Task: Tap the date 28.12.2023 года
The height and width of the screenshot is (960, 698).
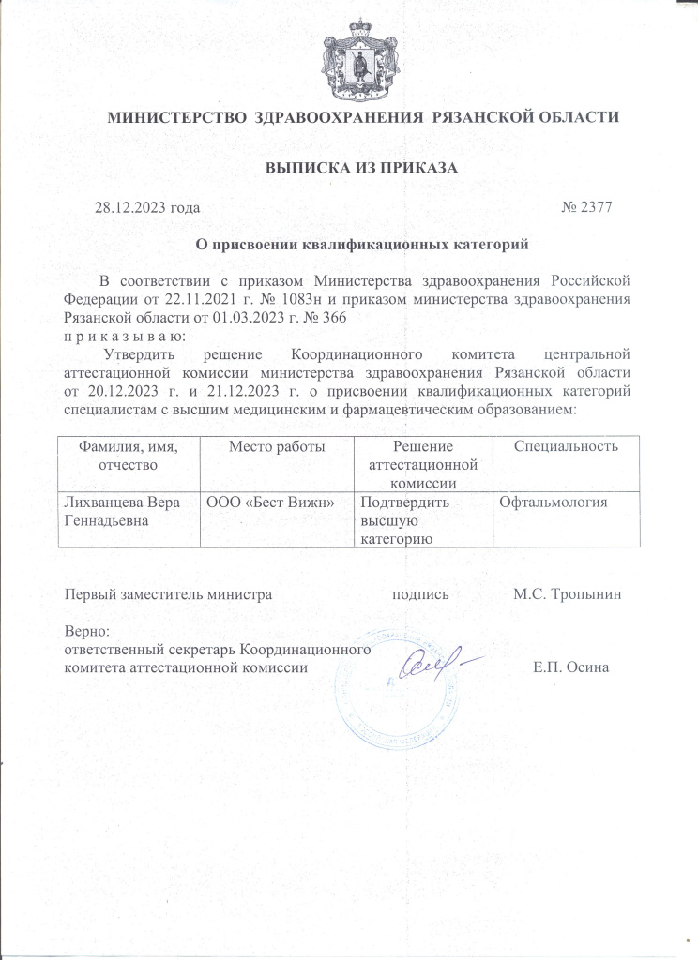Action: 147,207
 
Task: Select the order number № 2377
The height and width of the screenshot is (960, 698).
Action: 587,207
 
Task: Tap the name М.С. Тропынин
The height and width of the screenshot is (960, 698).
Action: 568,594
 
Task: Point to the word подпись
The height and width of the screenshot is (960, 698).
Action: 420,594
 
